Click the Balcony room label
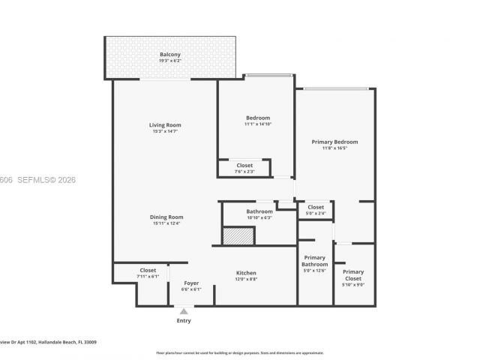[170, 55]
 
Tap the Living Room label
[165, 125]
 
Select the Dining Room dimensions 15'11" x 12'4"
[165, 223]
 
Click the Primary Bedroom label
[334, 142]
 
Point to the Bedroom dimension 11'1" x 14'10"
[257, 124]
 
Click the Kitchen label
[246, 273]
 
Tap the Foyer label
[190, 283]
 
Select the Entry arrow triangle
[184, 310]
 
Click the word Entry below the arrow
[184, 321]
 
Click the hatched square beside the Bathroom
[239, 235]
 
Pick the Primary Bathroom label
[314, 261]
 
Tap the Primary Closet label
[353, 275]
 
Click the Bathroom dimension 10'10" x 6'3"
[259, 218]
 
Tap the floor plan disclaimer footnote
[239, 352]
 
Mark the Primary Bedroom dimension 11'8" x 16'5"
[334, 148]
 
